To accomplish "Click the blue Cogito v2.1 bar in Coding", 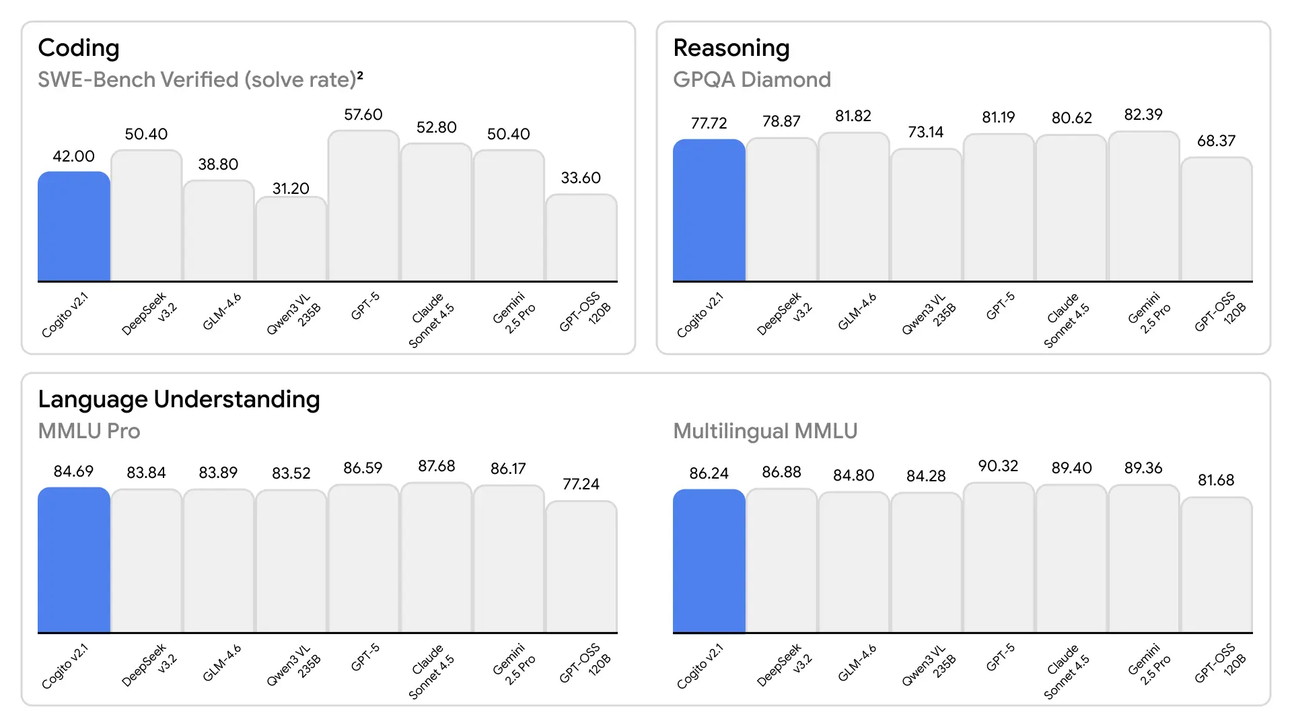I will pos(73,226).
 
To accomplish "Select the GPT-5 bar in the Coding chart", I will pos(363,206).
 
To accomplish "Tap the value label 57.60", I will pos(363,115).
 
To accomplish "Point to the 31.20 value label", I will pos(291,188).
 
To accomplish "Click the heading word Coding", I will pos(79,48).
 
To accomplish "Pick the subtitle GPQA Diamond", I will pos(752,79).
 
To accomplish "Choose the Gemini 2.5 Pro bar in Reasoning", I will pos(1143,207).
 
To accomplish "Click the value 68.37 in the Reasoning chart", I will pos(1216,141).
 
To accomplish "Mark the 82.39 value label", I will pos(1143,115).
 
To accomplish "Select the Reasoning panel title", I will pos(731,48).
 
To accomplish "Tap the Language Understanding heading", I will pos(179,399).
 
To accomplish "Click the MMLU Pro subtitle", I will pos(89,431).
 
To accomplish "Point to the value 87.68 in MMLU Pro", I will pos(436,466).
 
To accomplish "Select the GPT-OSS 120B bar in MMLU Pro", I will pos(581,567).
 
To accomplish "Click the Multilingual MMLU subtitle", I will pos(765,431).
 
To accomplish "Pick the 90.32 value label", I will pos(998,466).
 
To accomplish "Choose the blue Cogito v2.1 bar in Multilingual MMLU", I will pos(709,561).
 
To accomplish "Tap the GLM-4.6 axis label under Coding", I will pos(222,312).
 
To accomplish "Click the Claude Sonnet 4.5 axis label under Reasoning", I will pos(1067,320).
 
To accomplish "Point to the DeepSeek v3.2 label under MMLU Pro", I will pos(148,666).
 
